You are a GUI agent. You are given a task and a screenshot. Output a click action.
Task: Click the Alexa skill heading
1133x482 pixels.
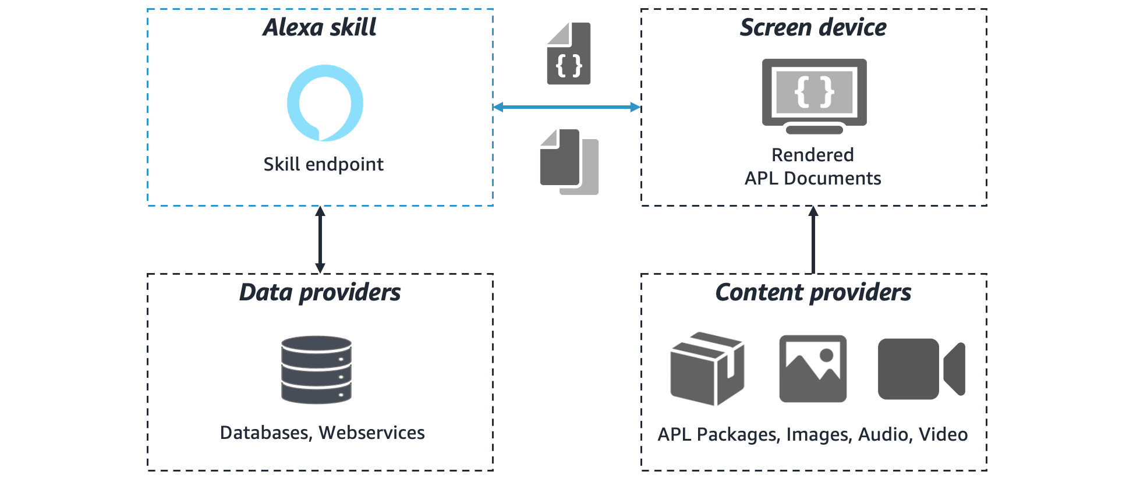click(x=319, y=27)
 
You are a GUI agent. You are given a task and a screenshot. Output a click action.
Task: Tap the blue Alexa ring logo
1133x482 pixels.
click(x=325, y=103)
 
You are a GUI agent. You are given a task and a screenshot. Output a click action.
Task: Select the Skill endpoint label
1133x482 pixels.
click(x=323, y=164)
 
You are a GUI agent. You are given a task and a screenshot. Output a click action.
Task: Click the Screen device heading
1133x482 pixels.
click(x=813, y=27)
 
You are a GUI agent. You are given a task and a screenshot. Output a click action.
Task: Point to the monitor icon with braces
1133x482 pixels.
click(x=814, y=95)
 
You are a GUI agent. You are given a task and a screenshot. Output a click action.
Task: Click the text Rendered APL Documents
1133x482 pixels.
click(x=813, y=166)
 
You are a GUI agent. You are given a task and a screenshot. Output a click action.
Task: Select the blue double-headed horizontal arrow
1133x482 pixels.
click(x=566, y=107)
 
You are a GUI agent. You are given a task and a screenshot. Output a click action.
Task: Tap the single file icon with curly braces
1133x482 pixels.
click(x=569, y=54)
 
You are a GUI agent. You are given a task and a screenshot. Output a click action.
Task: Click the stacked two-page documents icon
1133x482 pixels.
click(x=569, y=161)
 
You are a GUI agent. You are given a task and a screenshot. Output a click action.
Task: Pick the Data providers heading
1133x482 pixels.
click(x=320, y=292)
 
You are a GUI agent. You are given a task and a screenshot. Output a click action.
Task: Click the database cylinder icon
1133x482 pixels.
click(x=316, y=370)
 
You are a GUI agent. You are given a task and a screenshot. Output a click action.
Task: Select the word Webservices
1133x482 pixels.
click(x=371, y=433)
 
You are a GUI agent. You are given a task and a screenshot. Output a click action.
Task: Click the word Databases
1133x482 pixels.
click(x=264, y=433)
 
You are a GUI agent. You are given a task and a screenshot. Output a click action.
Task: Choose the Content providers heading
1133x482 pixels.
click(x=813, y=292)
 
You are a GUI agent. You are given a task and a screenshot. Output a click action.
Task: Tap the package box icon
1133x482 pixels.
click(x=707, y=369)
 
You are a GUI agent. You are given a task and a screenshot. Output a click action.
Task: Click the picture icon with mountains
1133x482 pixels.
click(x=813, y=368)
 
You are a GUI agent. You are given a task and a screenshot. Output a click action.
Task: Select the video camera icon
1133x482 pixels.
click(x=921, y=369)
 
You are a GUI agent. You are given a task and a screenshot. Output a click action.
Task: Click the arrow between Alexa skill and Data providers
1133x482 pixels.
click(x=320, y=239)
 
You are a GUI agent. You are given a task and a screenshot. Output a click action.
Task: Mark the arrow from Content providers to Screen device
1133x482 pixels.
click(x=813, y=239)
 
